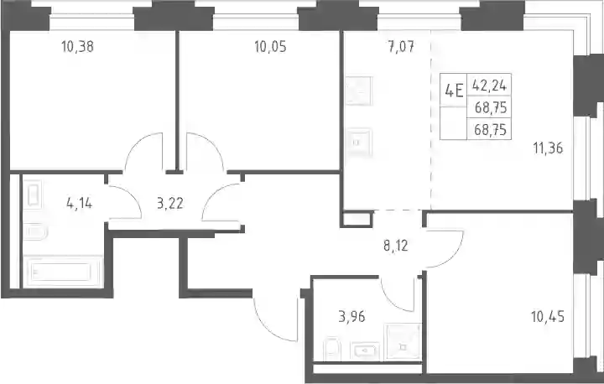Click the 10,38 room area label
(77, 47)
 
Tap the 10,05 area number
(270, 47)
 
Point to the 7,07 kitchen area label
(401, 47)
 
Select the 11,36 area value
(548, 148)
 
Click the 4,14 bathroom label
(80, 203)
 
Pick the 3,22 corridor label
(169, 203)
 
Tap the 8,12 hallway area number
(396, 246)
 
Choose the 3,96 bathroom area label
(351, 317)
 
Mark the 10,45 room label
(548, 317)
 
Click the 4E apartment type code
(454, 91)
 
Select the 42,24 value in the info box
(489, 86)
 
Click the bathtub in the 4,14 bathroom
(63, 272)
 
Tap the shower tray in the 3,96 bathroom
(403, 342)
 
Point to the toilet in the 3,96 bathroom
(331, 349)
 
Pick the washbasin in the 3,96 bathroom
(365, 350)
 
